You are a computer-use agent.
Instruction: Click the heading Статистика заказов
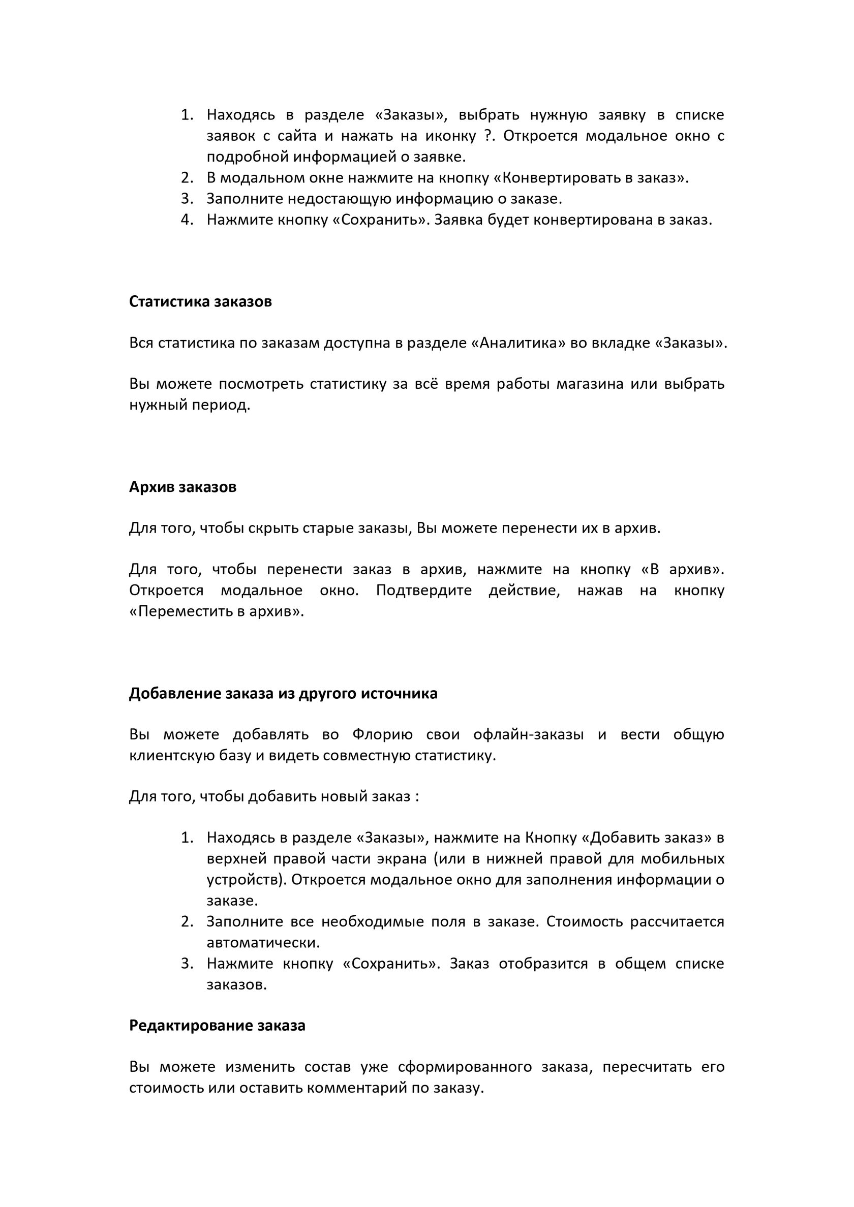point(200,302)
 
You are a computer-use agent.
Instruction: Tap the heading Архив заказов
point(182,487)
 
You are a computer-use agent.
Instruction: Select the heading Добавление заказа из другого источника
point(283,693)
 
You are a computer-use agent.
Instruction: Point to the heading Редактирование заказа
point(217,1025)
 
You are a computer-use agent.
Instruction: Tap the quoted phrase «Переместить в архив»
point(216,611)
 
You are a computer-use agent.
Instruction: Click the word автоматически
point(263,942)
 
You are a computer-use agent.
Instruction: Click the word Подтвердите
point(424,591)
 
